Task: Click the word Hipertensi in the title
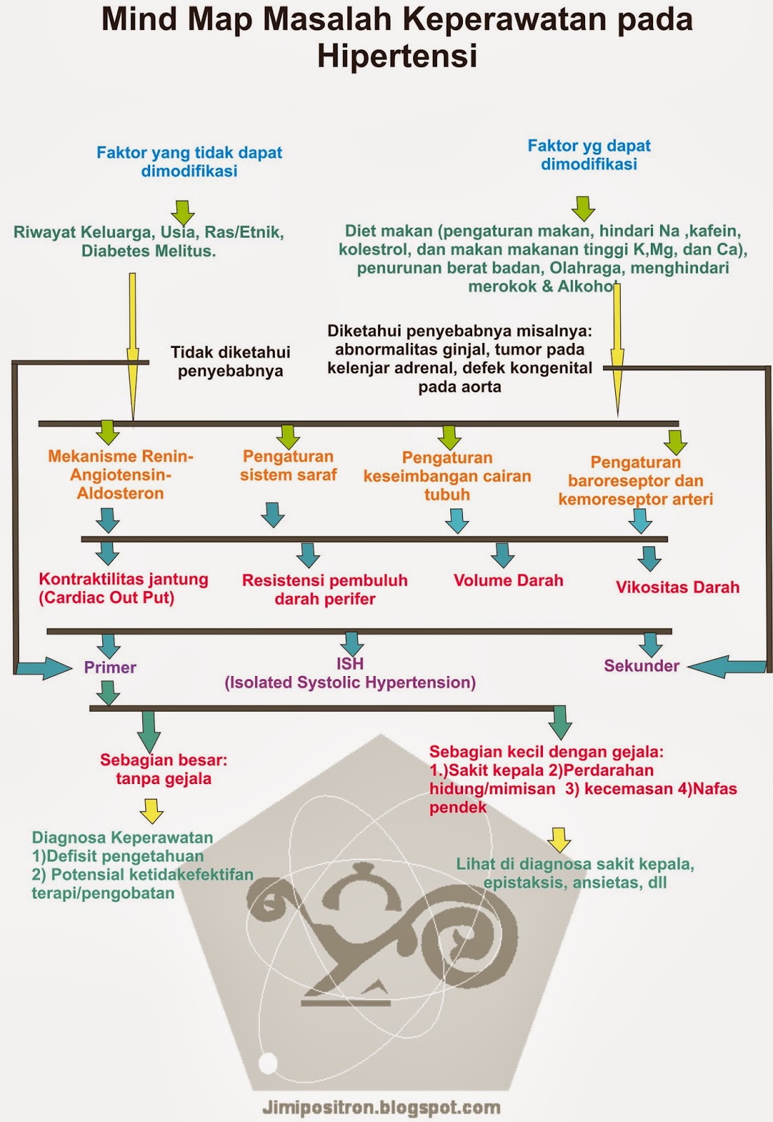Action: [397, 56]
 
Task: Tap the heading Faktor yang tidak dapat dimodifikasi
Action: [189, 161]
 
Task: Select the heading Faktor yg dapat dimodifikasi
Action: [589, 154]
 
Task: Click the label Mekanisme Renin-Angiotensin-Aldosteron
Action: [121, 475]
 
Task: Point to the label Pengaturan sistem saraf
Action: [288, 466]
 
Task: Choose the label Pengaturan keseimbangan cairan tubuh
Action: [448, 476]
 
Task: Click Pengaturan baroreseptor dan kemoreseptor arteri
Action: [636, 480]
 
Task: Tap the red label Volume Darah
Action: [509, 581]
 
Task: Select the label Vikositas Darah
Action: [678, 588]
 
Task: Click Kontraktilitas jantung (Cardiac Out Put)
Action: [123, 588]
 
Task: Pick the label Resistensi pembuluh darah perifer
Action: [325, 590]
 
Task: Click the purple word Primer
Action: [110, 667]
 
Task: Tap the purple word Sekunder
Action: [642, 665]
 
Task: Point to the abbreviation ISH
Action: [350, 663]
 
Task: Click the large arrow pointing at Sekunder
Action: [726, 667]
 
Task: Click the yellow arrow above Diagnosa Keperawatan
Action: [152, 811]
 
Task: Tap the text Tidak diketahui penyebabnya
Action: [231, 361]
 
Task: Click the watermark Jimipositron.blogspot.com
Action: [382, 1108]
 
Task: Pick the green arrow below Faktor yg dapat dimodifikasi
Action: [584, 208]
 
